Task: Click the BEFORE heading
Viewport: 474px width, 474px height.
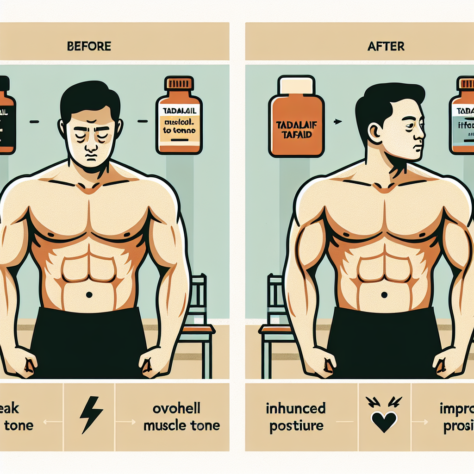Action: (x=89, y=46)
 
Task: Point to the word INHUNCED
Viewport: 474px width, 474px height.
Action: (x=296, y=408)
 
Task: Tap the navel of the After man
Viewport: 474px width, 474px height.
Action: (x=384, y=294)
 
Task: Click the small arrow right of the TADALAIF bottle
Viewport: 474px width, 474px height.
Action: (x=338, y=122)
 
